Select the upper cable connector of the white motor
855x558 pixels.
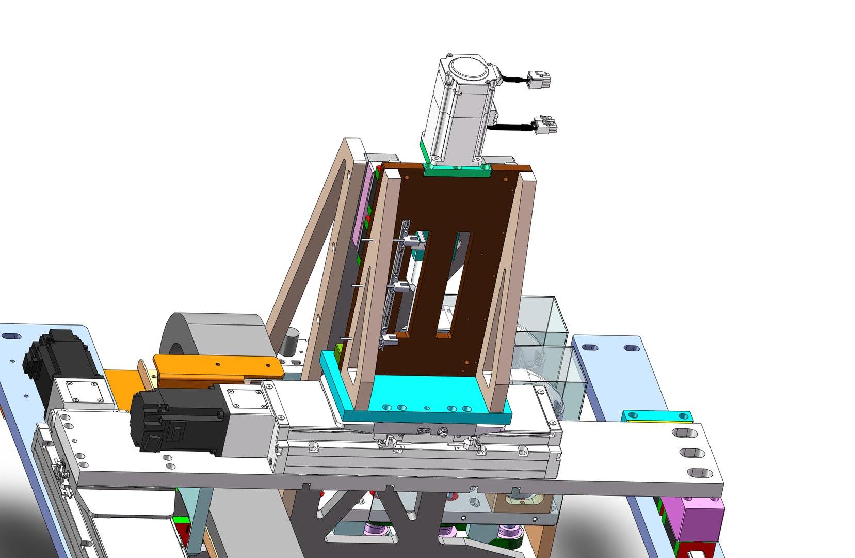[x=540, y=81]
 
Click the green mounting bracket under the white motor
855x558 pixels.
[x=456, y=170]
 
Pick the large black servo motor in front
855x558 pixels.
[x=175, y=421]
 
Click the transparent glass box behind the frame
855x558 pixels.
[x=547, y=331]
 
